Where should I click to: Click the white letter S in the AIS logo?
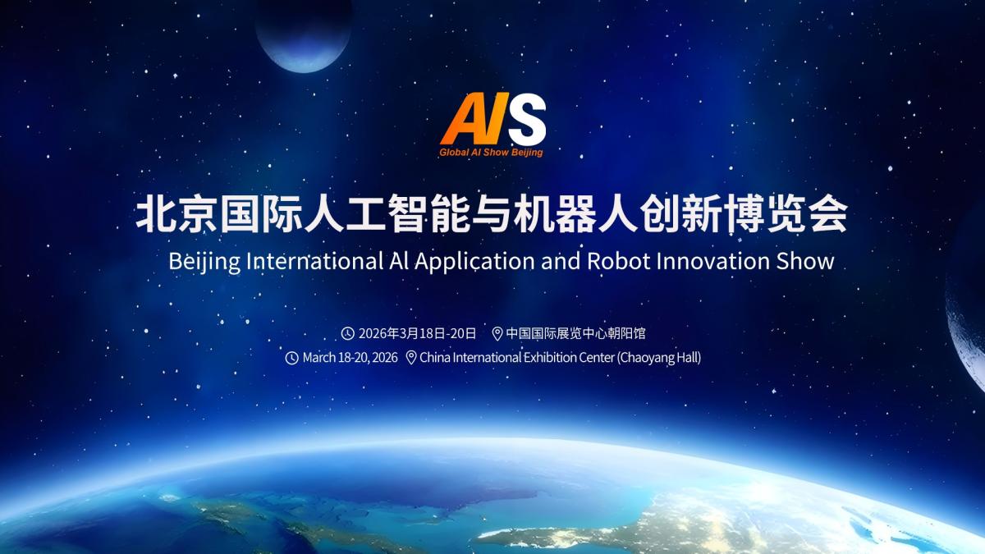pos(526,119)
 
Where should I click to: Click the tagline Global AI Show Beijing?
pos(491,153)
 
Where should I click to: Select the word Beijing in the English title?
pos(204,262)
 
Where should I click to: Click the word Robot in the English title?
pos(619,261)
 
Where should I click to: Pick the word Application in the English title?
pos(474,262)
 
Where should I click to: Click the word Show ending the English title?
pos(804,261)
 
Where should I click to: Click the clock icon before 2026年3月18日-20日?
pos(348,333)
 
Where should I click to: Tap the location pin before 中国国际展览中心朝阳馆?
pos(497,334)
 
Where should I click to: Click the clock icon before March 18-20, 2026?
pos(292,358)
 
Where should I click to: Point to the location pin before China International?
pos(411,358)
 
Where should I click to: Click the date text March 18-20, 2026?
pos(350,358)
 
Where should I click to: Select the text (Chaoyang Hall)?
pos(659,358)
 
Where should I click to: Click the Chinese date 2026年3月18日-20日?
pos(417,333)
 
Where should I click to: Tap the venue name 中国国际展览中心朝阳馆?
pos(575,333)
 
